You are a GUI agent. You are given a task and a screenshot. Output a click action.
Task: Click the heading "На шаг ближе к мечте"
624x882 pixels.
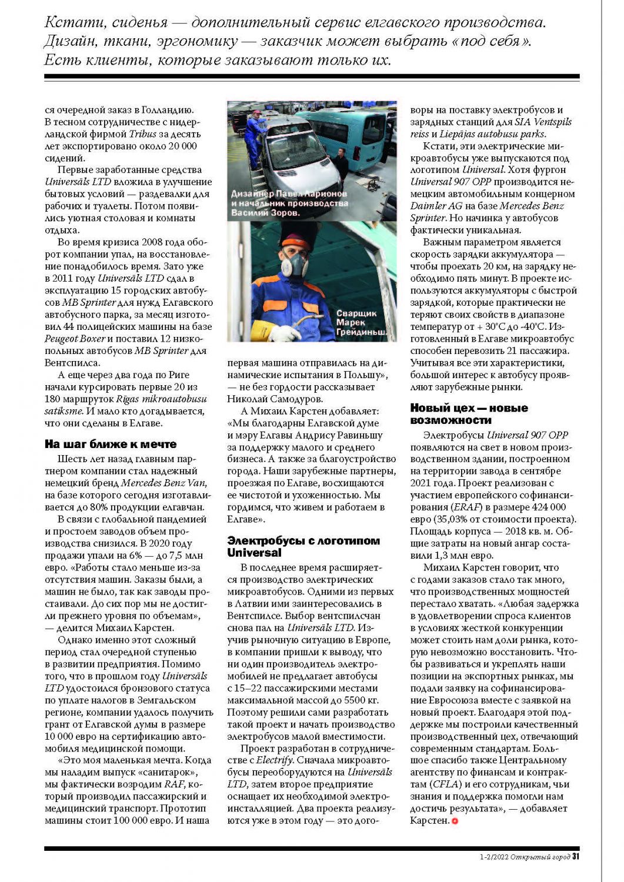coord(111,444)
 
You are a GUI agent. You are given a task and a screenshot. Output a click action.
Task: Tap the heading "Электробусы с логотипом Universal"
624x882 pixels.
coord(303,546)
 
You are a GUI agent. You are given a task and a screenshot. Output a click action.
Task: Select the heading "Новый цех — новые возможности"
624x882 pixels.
coord(469,414)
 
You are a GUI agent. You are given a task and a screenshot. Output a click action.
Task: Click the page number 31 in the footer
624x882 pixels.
coord(576,857)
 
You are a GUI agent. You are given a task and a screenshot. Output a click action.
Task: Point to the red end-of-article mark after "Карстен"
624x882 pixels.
coord(455,821)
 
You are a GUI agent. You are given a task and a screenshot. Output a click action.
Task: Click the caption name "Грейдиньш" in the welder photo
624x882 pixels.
coord(361,332)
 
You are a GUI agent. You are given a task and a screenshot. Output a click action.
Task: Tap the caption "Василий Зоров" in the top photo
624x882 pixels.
coord(265,213)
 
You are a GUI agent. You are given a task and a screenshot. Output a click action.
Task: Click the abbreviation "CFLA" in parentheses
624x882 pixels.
coord(444,784)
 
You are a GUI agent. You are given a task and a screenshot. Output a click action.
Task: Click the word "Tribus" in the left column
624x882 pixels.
coord(143,134)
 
